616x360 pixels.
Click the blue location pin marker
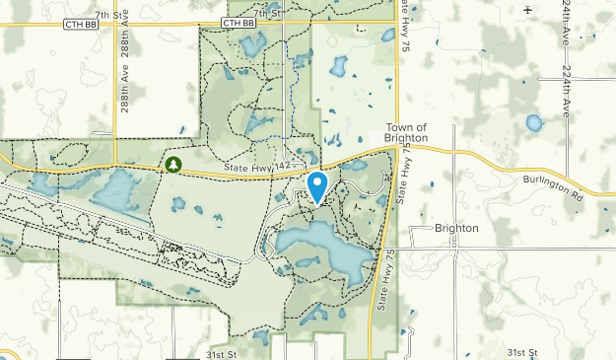pyautogui.click(x=317, y=184)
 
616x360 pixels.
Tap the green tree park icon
pyautogui.click(x=173, y=163)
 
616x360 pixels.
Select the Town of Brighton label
pyautogui.click(x=406, y=133)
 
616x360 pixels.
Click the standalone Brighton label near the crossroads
pyautogui.click(x=456, y=228)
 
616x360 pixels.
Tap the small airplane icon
pyautogui.click(x=529, y=9)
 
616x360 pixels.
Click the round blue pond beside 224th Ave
pyautogui.click(x=534, y=123)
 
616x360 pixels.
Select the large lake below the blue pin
pyautogui.click(x=325, y=247)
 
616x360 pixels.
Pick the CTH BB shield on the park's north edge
pyautogui.click(x=238, y=22)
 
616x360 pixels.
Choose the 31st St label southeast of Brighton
pyautogui.click(x=522, y=352)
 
